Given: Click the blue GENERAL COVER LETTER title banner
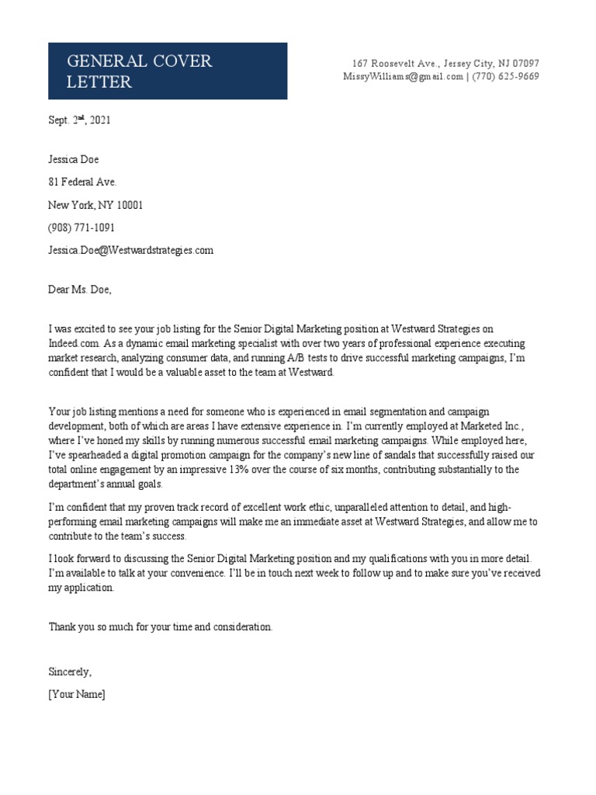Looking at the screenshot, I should tap(168, 71).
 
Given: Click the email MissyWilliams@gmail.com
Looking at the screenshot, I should tap(403, 76).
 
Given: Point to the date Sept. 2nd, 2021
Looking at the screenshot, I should tap(80, 120).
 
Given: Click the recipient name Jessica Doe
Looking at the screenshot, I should tap(74, 160).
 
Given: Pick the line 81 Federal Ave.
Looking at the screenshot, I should tap(82, 182).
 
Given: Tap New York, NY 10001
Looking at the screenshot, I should tap(95, 205).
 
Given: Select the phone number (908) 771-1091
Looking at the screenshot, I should tap(81, 227).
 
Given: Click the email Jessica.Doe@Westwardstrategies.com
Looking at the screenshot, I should tap(130, 250).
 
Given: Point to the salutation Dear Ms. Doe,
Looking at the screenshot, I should tap(80, 290).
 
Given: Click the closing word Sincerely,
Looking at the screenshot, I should tap(70, 672).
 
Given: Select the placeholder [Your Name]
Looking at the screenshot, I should tap(76, 694).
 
